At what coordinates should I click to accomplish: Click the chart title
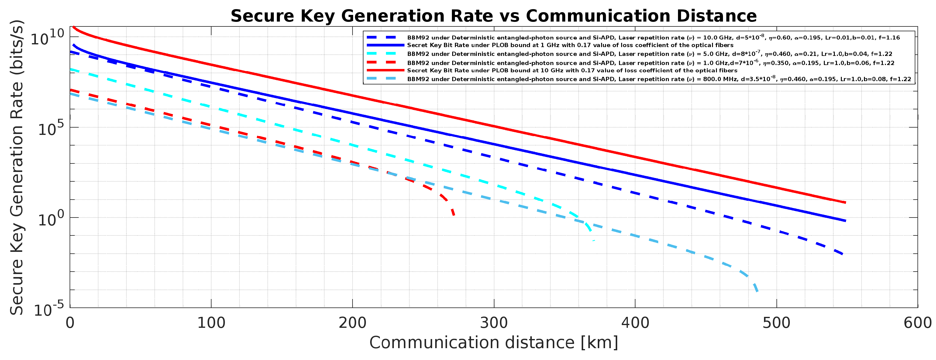(494, 16)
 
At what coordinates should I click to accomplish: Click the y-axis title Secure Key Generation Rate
(17, 167)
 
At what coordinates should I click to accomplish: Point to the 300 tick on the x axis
(494, 323)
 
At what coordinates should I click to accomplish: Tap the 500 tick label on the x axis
(776, 323)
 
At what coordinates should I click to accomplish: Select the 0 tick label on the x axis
(70, 323)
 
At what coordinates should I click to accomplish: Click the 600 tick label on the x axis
(917, 323)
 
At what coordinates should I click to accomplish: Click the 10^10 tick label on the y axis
(47, 37)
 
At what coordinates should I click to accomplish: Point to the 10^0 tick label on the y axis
(51, 218)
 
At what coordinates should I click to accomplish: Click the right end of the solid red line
(845, 202)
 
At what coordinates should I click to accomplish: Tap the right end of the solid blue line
(845, 221)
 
